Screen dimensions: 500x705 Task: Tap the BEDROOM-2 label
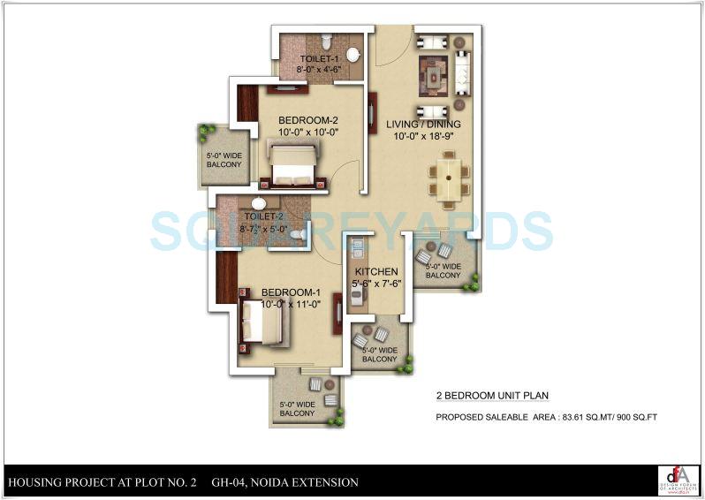click(308, 120)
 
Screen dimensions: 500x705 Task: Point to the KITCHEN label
click(376, 272)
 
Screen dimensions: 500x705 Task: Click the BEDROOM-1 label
click(290, 292)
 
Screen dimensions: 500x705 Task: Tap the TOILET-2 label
click(262, 216)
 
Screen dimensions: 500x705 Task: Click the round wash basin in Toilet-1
click(352, 55)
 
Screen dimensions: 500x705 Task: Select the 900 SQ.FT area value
click(641, 416)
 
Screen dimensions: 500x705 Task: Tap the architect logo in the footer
click(678, 480)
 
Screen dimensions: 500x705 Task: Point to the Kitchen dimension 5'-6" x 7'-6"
click(376, 284)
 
